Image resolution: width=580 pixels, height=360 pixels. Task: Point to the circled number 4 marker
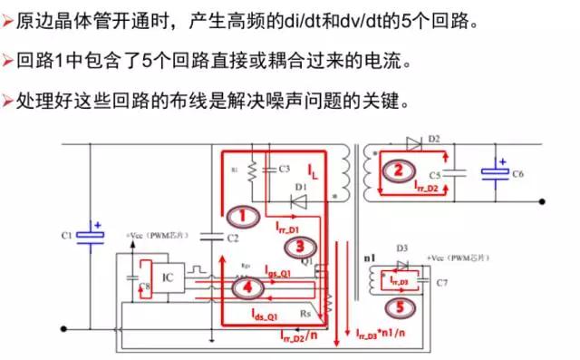(245, 287)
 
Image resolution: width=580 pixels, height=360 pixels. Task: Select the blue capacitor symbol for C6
(494, 170)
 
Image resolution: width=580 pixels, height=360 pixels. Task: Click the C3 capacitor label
(284, 169)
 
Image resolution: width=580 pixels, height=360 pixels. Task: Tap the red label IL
(311, 169)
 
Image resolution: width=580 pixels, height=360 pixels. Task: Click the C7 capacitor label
(441, 283)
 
